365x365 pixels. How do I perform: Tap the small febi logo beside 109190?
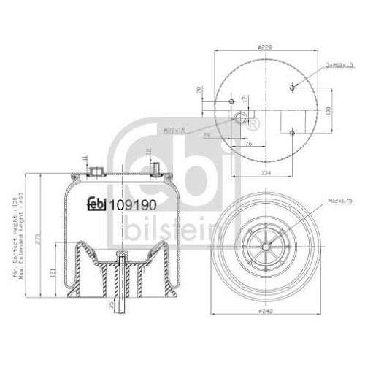point(97,205)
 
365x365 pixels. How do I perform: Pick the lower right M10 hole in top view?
point(293,133)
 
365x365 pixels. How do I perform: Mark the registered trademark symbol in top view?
point(253,125)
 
